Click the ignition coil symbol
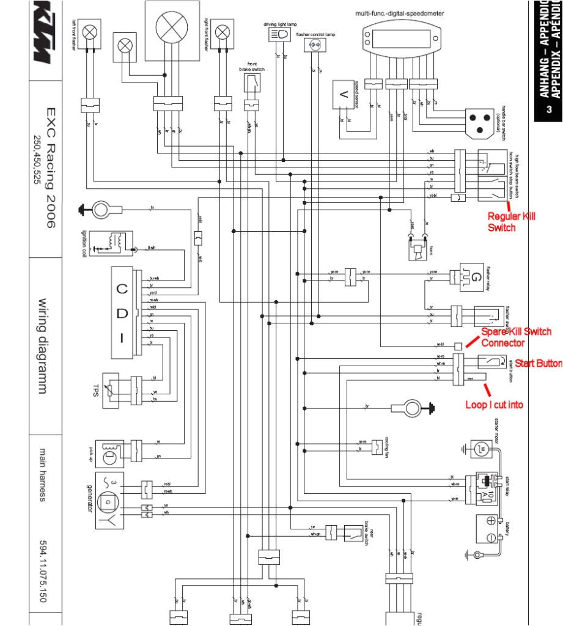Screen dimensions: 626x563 coord(111,242)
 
